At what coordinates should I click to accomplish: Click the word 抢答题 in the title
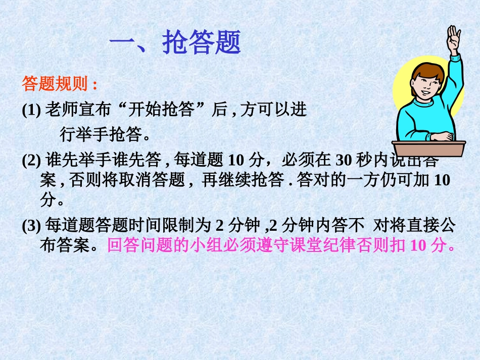(202, 43)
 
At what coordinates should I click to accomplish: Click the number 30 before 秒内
(344, 160)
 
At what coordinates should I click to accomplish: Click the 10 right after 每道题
(236, 160)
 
